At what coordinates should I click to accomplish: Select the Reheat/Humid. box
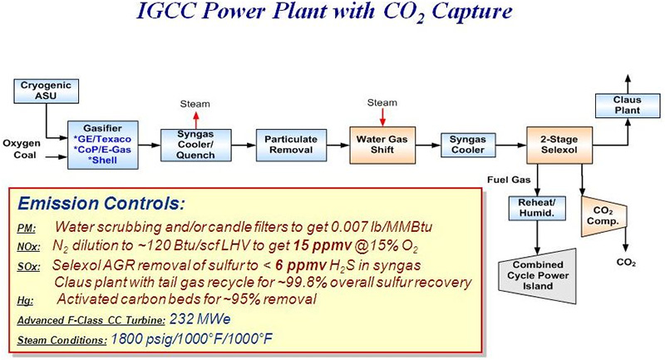tap(537, 207)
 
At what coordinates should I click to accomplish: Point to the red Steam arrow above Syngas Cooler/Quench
tap(195, 117)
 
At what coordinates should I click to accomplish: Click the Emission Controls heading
tap(96, 203)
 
